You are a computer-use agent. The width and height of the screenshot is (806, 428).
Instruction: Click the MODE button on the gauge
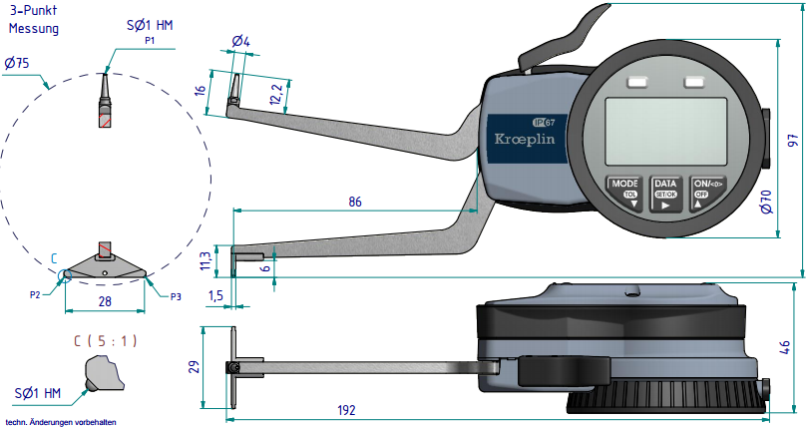point(624,190)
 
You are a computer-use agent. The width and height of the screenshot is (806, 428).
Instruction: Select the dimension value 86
point(355,202)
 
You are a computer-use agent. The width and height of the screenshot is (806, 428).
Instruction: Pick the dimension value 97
point(794,140)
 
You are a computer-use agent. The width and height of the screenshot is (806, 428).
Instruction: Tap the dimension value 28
point(104,302)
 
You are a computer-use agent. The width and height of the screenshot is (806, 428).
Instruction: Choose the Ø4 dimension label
point(240,41)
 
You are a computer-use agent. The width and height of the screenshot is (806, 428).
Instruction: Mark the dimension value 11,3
point(205,261)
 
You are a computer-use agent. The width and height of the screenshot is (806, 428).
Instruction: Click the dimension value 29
point(195,366)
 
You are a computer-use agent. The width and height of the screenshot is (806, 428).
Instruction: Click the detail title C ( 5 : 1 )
point(106,340)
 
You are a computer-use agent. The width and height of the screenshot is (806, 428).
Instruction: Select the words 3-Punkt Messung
point(34,20)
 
